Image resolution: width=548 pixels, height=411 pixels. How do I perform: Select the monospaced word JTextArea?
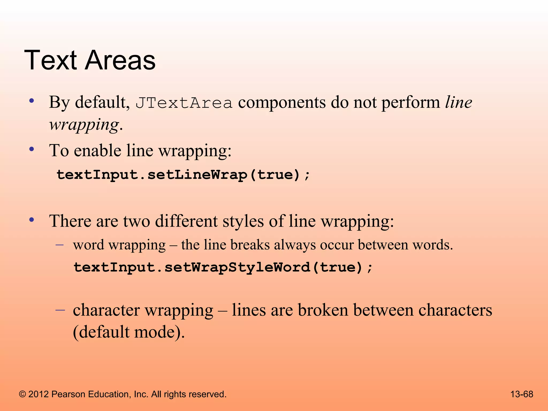coord(184,103)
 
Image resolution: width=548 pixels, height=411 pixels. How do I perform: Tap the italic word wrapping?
coord(84,125)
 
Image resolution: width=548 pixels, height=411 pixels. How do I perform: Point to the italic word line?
coord(459,102)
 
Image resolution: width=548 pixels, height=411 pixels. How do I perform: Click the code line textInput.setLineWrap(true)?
coord(183,175)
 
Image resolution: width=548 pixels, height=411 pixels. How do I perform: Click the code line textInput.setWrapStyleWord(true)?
coord(223,267)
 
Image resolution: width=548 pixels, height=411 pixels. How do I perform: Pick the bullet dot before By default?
coord(32,101)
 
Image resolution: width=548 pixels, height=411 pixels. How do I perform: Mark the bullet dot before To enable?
coord(32,149)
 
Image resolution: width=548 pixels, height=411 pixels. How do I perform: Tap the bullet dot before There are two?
coord(32,220)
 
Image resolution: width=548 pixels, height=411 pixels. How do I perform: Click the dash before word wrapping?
coord(60,245)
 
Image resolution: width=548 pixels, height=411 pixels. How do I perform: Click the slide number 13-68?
coord(522,394)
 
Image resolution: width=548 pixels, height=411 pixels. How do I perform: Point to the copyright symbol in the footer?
coord(22,394)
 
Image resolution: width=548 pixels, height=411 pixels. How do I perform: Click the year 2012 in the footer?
coord(39,394)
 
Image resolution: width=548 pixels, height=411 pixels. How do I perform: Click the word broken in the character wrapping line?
coord(323,310)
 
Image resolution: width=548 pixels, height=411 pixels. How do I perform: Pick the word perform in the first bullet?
coord(411,102)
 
